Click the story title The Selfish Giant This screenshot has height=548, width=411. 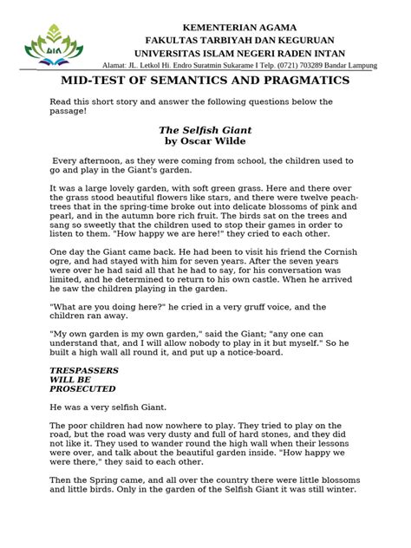205,130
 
